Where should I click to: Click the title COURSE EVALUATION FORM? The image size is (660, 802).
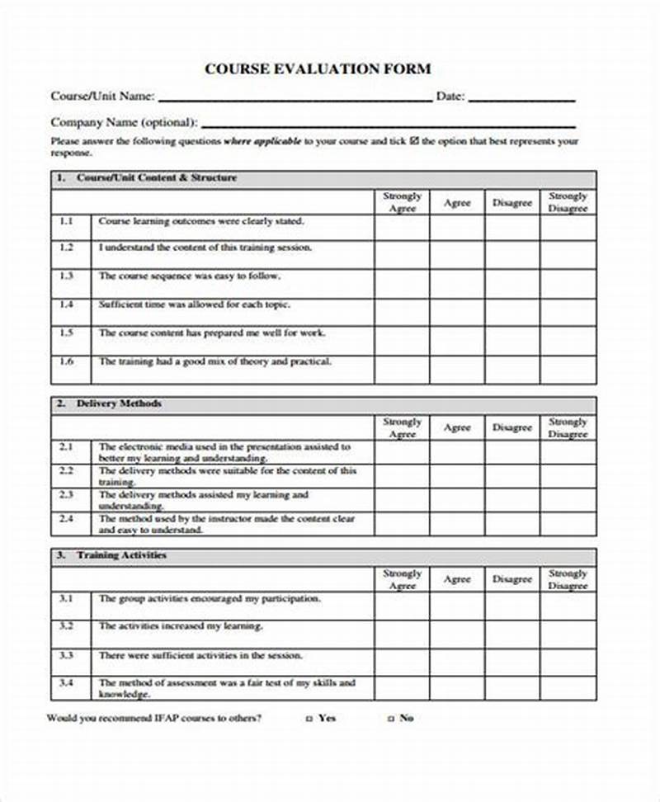tap(318, 68)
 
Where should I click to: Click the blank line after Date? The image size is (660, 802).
tap(521, 97)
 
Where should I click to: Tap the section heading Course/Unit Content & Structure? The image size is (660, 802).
tap(156, 178)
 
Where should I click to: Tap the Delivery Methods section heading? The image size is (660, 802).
tap(119, 404)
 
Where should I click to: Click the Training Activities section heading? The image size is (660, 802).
tap(121, 556)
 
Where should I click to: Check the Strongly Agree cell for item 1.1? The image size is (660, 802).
tap(402, 228)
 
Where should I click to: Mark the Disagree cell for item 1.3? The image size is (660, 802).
tap(512, 283)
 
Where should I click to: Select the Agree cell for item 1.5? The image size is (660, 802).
tap(456, 339)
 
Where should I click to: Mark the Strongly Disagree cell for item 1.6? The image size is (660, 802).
tap(568, 370)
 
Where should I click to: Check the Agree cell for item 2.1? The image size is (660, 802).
tap(456, 451)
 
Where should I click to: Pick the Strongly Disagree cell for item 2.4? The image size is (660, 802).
tap(568, 524)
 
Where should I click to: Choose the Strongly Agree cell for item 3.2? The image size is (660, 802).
tap(402, 632)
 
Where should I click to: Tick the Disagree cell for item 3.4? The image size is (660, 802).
tap(512, 688)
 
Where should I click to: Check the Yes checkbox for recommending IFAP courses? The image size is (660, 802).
tap(309, 719)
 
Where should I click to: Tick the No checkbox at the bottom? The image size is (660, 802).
tap(391, 719)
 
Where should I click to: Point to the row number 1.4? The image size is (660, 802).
tap(67, 304)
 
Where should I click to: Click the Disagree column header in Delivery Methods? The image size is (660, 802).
tap(512, 427)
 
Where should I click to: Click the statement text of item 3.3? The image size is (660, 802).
tap(200, 655)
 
